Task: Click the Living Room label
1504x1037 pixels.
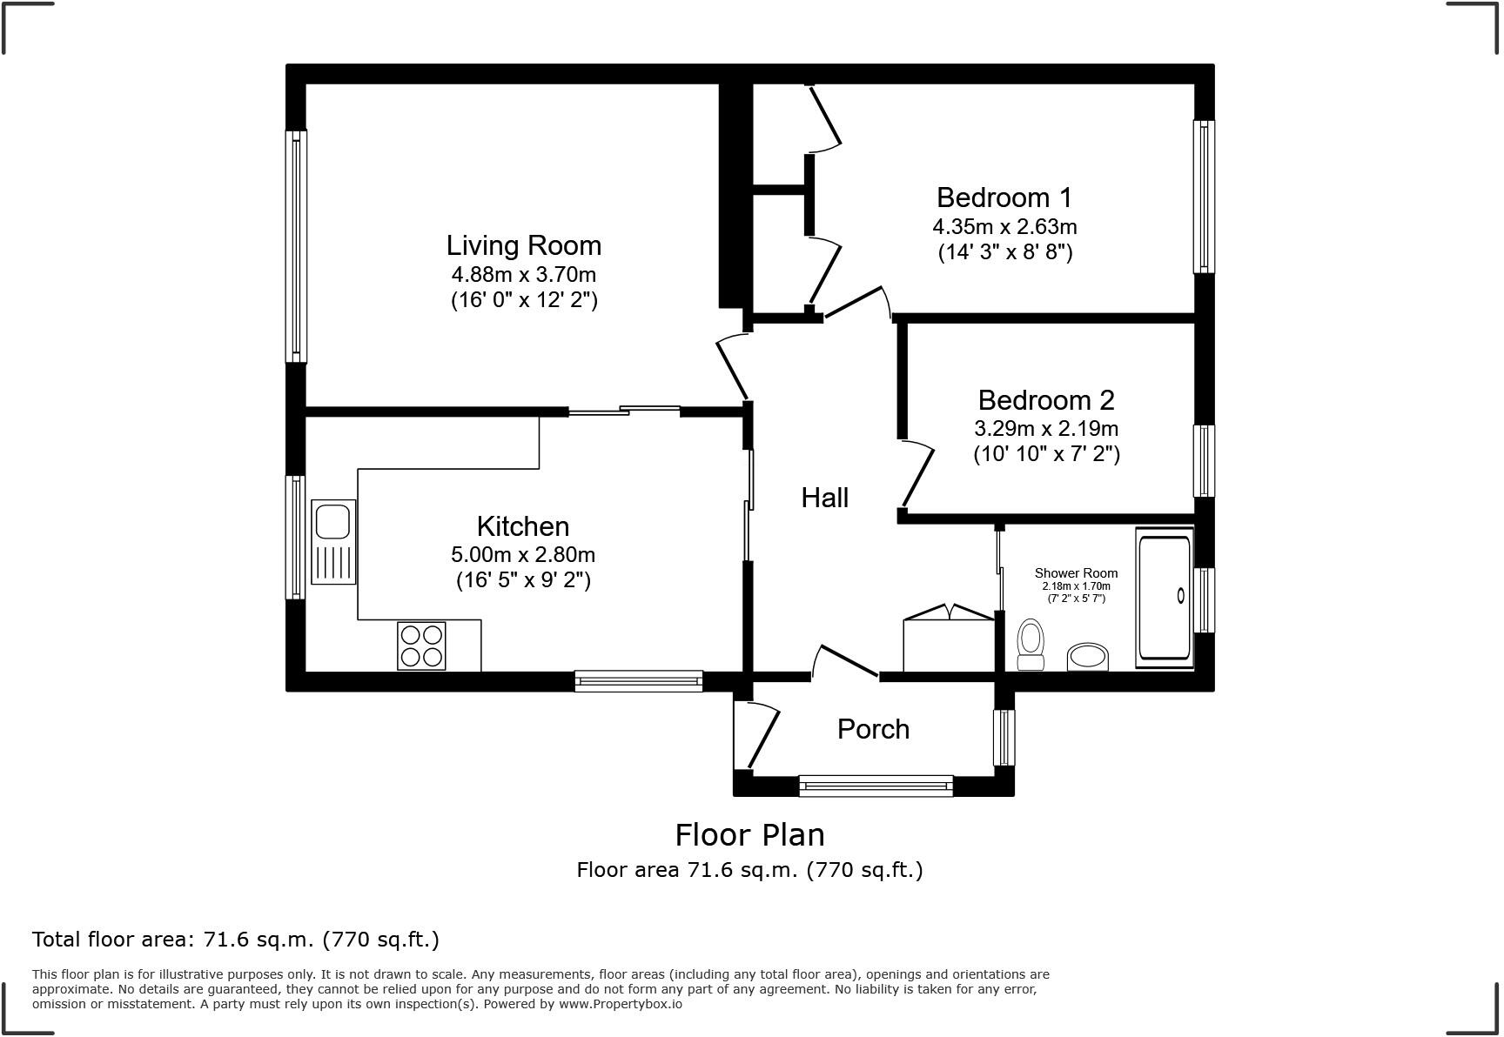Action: point(523,245)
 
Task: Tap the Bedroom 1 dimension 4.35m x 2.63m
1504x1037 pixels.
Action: point(1004,227)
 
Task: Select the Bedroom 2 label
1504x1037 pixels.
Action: point(1045,400)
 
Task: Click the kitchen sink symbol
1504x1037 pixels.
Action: point(333,541)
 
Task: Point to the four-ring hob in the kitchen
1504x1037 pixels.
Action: point(421,645)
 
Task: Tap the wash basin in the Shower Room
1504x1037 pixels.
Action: point(1088,657)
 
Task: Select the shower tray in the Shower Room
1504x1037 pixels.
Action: point(1165,598)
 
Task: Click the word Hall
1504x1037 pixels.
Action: point(824,498)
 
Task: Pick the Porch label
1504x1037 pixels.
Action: point(873,729)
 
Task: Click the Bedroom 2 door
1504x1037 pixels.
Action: point(917,474)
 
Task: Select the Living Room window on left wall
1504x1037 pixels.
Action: point(297,246)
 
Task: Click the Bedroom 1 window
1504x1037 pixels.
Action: point(1204,197)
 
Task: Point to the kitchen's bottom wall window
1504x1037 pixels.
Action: point(638,681)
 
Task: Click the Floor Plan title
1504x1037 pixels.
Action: point(749,835)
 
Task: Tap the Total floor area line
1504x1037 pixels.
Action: point(235,940)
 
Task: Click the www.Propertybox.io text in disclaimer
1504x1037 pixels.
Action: point(620,1004)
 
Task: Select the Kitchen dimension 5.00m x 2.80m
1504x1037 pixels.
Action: point(523,555)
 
